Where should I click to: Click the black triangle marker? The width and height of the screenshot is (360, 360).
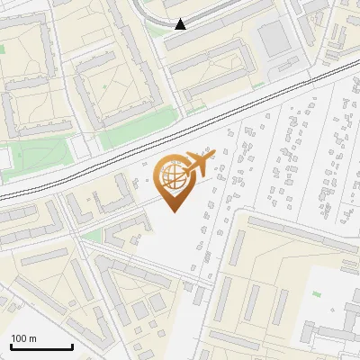click(180, 24)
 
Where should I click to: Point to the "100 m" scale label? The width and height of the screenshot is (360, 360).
click(22, 337)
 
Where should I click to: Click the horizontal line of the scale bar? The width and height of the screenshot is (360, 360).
click(40, 346)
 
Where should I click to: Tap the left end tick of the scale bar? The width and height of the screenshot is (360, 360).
click(10, 344)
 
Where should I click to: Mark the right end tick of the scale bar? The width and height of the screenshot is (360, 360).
click(72, 344)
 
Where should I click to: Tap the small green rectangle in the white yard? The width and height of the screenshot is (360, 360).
click(315, 293)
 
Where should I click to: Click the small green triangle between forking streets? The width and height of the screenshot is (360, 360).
click(90, 236)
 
